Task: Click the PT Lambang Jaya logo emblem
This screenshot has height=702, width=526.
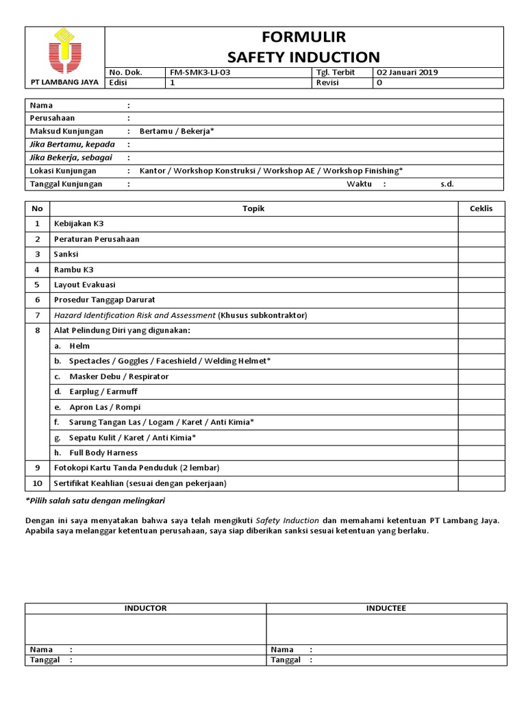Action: [65, 51]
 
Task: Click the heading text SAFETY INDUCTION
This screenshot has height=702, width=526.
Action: [304, 57]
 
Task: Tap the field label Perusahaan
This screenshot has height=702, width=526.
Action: [52, 118]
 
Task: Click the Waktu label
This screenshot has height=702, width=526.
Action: [359, 184]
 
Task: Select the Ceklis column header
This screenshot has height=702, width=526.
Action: [481, 208]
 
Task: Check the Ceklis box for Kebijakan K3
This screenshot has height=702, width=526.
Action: [481, 224]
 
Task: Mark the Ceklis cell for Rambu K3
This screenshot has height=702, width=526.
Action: [481, 269]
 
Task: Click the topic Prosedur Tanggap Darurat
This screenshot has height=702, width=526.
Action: [104, 300]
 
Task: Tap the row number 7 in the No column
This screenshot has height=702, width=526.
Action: [37, 315]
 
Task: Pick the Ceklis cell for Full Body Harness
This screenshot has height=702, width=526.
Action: [481, 452]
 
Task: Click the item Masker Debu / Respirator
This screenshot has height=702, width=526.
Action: [118, 376]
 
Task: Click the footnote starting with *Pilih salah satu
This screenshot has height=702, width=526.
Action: [95, 500]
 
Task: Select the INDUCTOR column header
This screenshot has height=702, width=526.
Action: [145, 608]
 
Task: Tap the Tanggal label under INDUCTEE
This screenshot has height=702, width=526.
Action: [286, 660]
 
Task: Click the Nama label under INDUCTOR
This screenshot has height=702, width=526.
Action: [41, 649]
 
